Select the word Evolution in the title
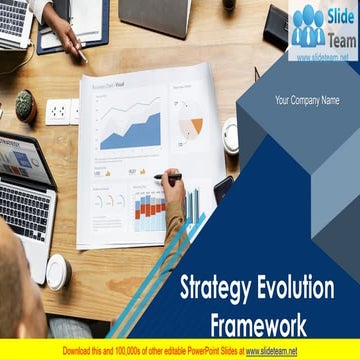(x=297, y=289)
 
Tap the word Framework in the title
(x=258, y=324)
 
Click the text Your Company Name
(x=307, y=100)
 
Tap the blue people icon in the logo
(x=308, y=27)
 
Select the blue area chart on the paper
(x=129, y=131)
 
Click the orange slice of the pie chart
(x=196, y=126)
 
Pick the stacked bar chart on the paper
(x=150, y=211)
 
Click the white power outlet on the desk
(x=58, y=111)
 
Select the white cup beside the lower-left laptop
(x=59, y=271)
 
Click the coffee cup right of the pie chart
(x=231, y=134)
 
